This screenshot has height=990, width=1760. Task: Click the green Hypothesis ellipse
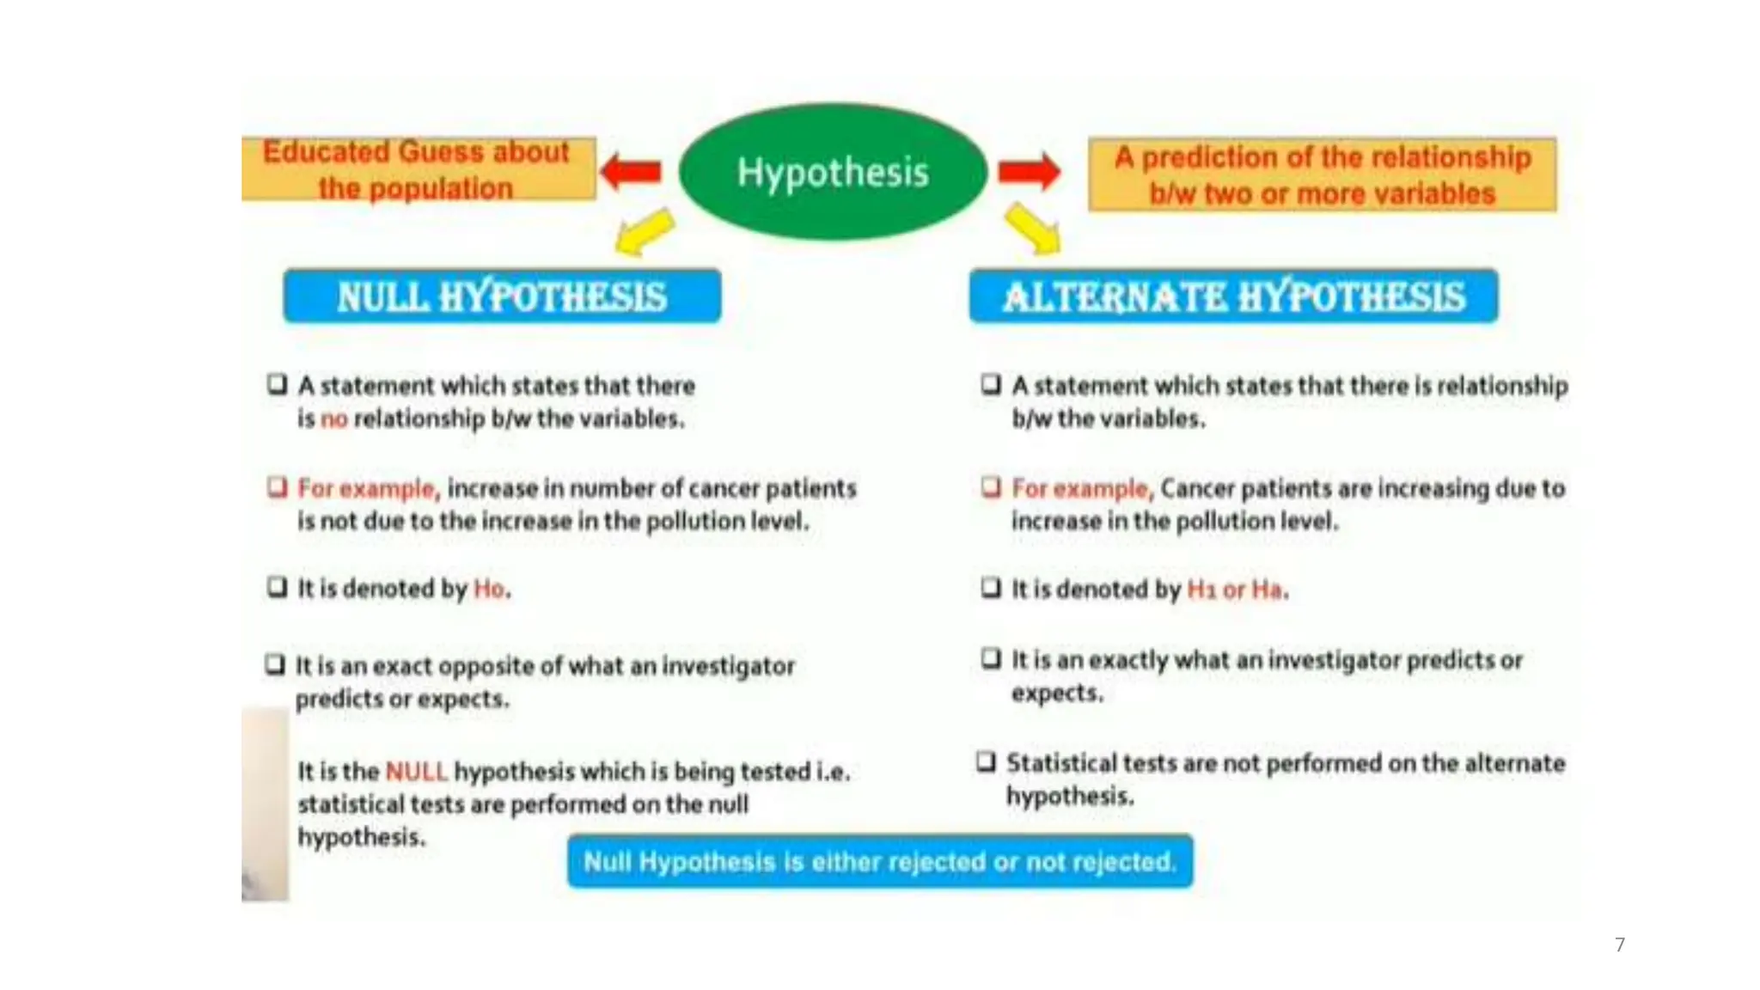click(832, 172)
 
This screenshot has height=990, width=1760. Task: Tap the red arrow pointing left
click(632, 171)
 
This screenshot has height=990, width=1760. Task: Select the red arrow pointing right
click(1029, 171)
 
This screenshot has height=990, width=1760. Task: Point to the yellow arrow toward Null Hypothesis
click(645, 232)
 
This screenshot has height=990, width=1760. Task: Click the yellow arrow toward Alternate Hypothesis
click(1032, 229)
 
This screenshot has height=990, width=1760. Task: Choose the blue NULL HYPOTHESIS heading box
click(502, 296)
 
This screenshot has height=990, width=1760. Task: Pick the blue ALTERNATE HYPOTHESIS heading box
click(1233, 296)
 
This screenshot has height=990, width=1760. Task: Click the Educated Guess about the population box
click(418, 169)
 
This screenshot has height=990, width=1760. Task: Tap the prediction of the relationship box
click(1322, 174)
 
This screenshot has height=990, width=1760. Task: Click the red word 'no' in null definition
click(333, 419)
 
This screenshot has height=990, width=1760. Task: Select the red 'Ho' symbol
click(489, 589)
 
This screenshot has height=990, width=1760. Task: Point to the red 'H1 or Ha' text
click(1235, 590)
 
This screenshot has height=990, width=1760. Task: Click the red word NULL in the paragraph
click(416, 771)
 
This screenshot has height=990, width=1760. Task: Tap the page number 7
click(1620, 944)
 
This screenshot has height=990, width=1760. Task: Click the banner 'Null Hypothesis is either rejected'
click(880, 861)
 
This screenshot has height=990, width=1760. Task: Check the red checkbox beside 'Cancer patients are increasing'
click(991, 487)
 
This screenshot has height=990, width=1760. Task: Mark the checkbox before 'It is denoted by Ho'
click(277, 587)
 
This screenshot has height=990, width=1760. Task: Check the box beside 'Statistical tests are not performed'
click(986, 761)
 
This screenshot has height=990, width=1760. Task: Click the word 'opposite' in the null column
click(489, 666)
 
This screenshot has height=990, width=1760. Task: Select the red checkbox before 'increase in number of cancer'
click(277, 487)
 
